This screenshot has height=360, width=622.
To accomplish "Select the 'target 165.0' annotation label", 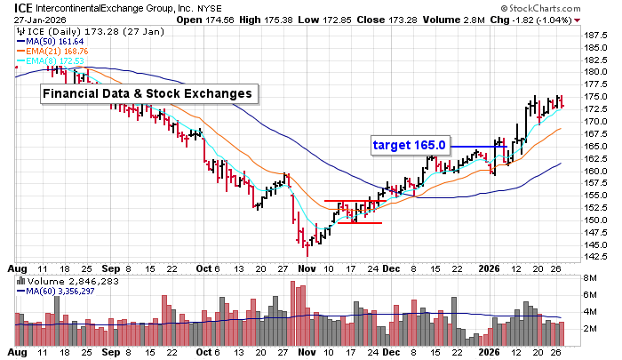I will tap(409, 143).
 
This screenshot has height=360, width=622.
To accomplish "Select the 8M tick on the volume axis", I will tap(588, 279).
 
